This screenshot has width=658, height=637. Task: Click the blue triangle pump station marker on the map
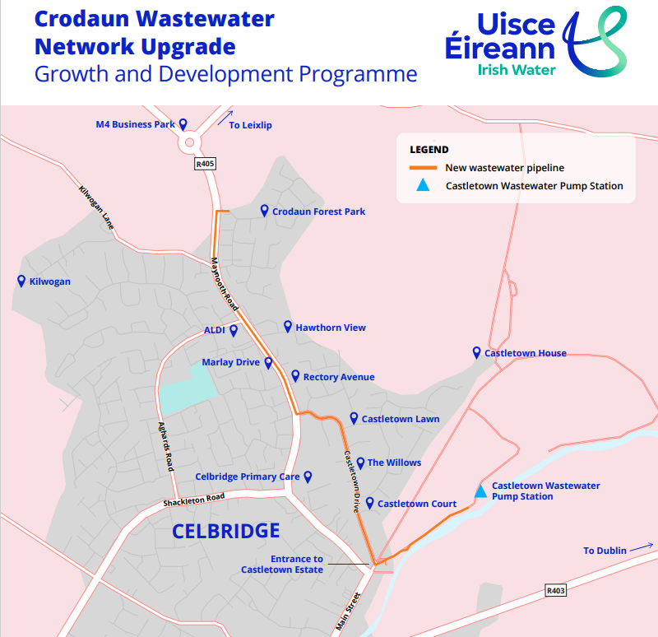(480, 491)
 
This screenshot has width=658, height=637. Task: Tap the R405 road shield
(205, 165)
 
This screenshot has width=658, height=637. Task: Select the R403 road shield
(557, 591)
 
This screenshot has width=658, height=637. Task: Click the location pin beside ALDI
(234, 331)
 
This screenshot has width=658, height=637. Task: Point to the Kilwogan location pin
(21, 281)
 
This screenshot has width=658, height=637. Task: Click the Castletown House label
(525, 353)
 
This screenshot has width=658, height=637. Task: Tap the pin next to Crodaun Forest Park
(264, 212)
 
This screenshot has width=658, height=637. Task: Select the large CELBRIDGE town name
(225, 531)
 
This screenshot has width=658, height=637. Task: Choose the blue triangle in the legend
(423, 186)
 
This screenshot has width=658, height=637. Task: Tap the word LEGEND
(429, 150)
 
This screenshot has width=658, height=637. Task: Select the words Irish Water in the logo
(517, 70)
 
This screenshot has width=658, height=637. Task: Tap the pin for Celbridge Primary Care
(308, 477)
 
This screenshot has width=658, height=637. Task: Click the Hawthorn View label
(331, 328)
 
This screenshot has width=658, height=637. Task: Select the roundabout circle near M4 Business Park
(190, 142)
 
